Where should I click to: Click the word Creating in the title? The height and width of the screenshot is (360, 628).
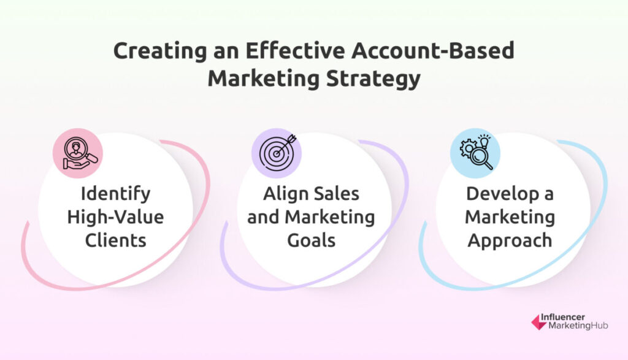tap(160, 52)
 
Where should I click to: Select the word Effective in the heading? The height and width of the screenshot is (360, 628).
tap(294, 50)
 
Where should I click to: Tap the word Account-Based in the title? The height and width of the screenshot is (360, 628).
tap(433, 50)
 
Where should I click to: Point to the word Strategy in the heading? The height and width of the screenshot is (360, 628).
tap(373, 79)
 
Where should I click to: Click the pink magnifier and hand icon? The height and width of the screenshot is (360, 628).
tap(78, 153)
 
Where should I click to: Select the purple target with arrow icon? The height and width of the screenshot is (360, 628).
tap(277, 153)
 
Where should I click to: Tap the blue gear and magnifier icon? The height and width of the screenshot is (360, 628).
tap(475, 153)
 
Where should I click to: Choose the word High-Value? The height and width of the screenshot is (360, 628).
tap(115, 216)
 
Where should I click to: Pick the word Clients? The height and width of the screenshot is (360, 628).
tap(115, 240)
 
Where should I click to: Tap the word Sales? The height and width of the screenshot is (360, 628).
tap(336, 194)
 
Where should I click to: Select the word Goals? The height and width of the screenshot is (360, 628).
tap(311, 240)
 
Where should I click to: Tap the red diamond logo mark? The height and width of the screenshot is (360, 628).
tap(538, 322)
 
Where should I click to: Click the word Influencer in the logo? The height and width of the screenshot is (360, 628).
tap(563, 317)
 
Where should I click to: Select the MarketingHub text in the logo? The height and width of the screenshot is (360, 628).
tap(578, 326)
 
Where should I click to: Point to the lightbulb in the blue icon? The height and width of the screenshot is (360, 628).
tap(484, 141)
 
